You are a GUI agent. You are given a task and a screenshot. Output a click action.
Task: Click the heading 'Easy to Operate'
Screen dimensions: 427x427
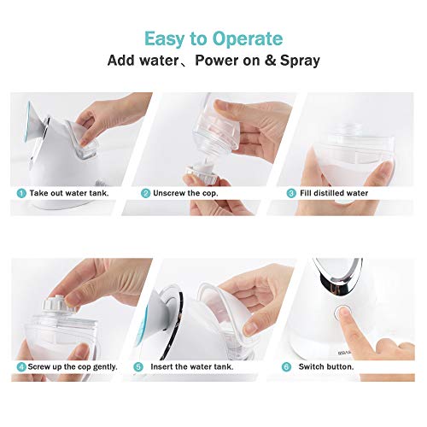(x=213, y=38)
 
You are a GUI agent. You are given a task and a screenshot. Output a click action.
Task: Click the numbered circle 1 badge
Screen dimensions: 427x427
(x=20, y=194)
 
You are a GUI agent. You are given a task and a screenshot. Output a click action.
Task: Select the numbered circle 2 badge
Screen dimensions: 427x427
(x=146, y=194)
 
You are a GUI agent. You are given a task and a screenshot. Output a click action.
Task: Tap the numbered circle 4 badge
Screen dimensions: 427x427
(x=20, y=366)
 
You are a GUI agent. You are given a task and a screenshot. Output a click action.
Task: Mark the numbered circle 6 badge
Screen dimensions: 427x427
(x=288, y=366)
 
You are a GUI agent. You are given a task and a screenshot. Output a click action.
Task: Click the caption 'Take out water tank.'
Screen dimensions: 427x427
(x=69, y=194)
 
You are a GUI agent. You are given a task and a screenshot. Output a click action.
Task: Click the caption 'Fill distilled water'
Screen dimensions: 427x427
(x=334, y=194)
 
